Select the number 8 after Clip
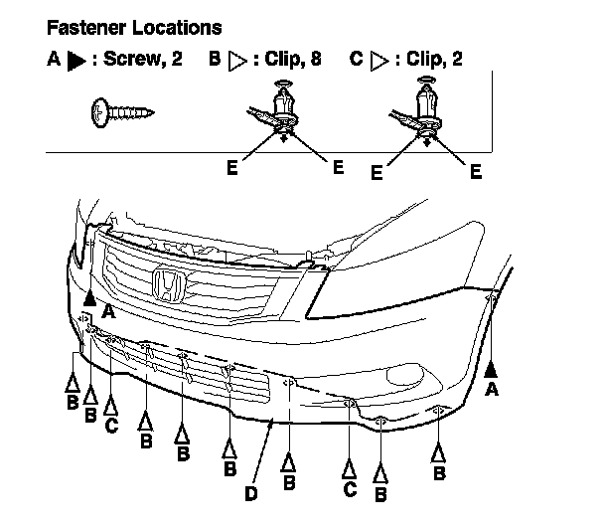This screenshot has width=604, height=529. click(315, 59)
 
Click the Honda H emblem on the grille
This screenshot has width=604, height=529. click(169, 285)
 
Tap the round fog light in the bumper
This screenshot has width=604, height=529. click(401, 373)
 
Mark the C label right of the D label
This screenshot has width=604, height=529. click(350, 488)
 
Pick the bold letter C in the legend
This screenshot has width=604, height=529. click(357, 59)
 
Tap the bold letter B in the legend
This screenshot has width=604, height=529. click(215, 59)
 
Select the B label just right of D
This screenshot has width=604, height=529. click(289, 483)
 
